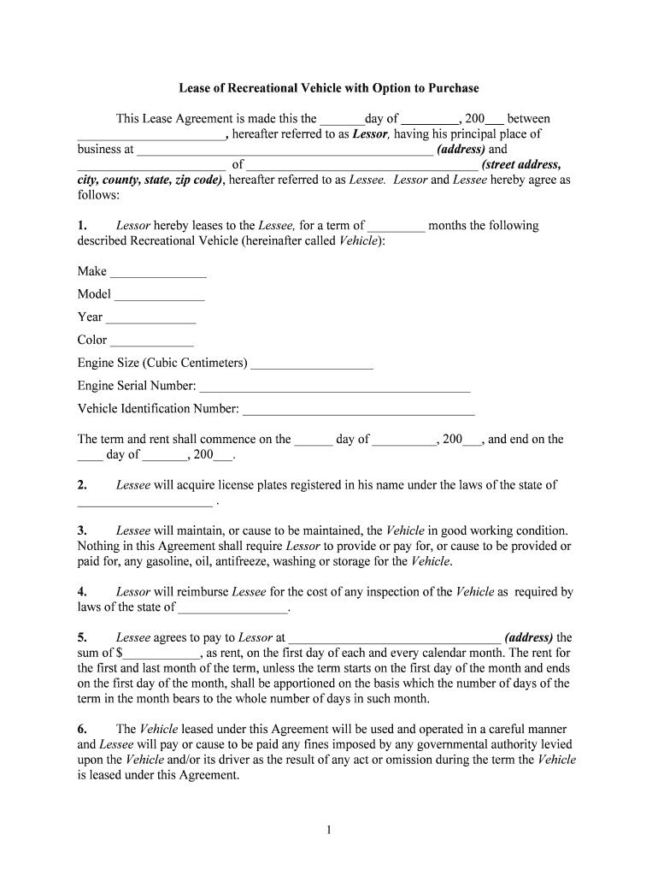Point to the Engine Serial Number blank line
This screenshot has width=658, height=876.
pos(335,388)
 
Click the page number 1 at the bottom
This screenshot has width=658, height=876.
pos(328,830)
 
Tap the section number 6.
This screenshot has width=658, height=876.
pos(82,729)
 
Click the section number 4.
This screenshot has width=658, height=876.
pos(82,592)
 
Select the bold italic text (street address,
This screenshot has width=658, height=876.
pos(521,165)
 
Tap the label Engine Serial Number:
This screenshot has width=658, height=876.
pos(137,386)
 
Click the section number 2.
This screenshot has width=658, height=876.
pos(82,485)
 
